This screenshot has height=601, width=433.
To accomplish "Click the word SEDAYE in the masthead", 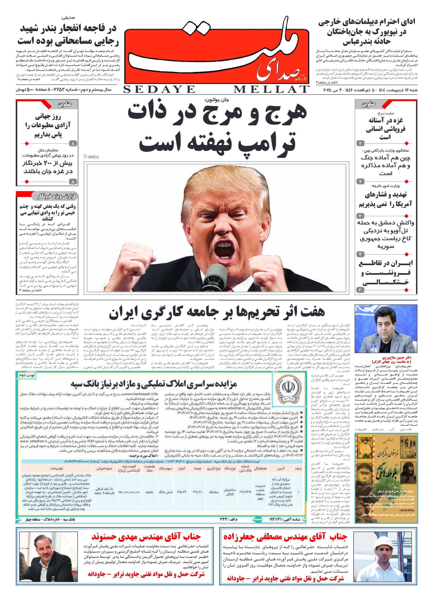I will coord(159,90).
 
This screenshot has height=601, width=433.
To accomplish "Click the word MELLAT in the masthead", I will coord(271,90).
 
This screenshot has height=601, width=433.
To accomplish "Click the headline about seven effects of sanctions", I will coord(217,312).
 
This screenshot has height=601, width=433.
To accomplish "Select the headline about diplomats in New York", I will coord(367,32).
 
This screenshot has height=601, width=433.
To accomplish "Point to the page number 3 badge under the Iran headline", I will coord(360,290).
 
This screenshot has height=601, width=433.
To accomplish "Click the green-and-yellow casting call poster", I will coord(386,478).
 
